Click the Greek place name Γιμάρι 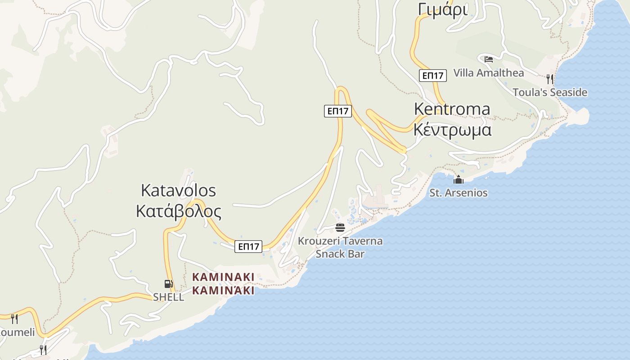click(x=443, y=9)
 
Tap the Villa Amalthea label click(x=489, y=73)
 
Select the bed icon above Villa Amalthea click(x=489, y=59)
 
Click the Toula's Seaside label click(x=550, y=92)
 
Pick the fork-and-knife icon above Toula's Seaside click(x=549, y=79)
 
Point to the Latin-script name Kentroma click(x=452, y=109)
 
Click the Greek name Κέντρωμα click(x=452, y=130)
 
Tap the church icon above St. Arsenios click(x=459, y=180)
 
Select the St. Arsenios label click(x=459, y=193)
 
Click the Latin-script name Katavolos click(x=178, y=190)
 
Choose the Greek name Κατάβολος click(x=178, y=211)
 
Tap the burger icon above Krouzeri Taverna click(x=340, y=227)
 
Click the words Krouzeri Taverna click(x=340, y=241)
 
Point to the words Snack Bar click(x=340, y=254)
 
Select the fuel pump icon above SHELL click(x=168, y=283)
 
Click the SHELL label click(x=168, y=297)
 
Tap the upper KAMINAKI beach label click(x=223, y=277)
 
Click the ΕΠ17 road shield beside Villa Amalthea click(x=433, y=76)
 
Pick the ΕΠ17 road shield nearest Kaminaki click(x=248, y=246)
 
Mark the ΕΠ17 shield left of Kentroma click(x=338, y=111)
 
